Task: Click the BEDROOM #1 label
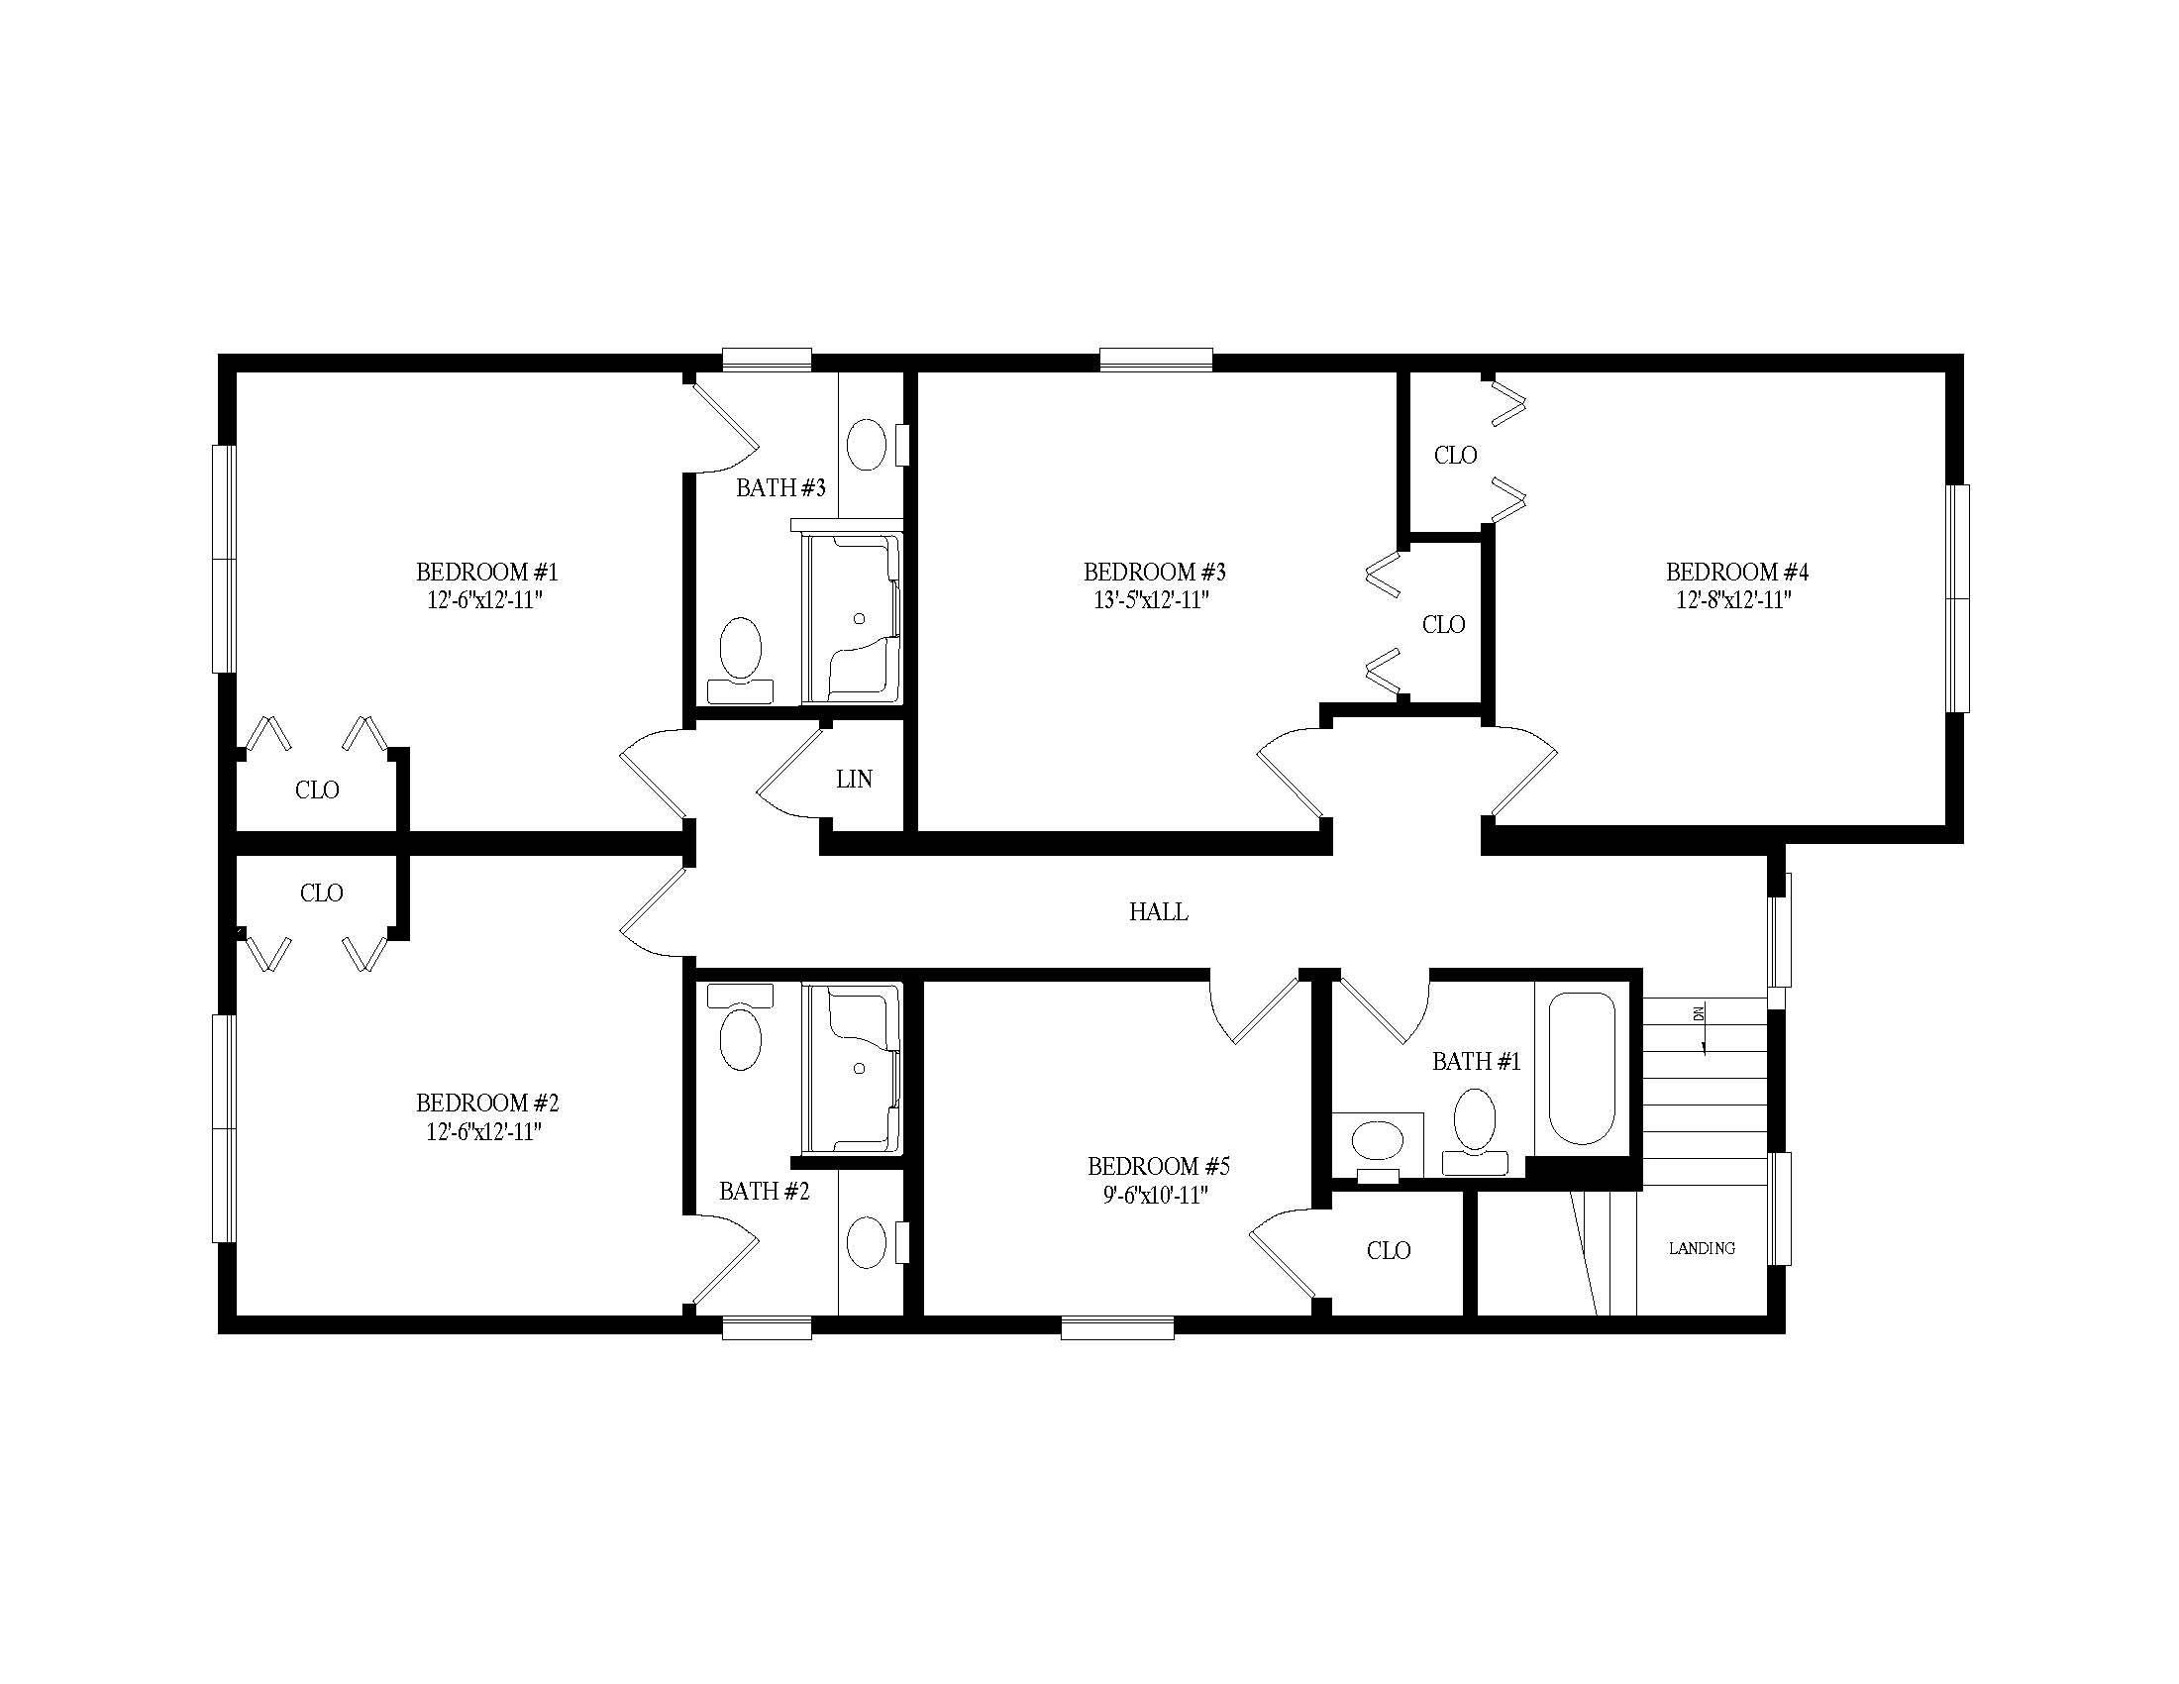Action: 487,573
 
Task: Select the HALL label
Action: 1159,911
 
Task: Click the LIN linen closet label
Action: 855,780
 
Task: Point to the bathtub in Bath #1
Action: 1581,1069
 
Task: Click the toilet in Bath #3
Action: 740,659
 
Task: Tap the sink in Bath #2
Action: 867,1242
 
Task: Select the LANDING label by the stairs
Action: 1702,1248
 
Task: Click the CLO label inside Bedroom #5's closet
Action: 1389,1251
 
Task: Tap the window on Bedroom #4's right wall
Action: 1958,598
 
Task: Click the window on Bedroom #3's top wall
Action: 1156,360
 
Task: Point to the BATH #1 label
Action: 1477,1062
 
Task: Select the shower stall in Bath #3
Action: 853,618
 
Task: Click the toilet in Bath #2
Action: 740,1027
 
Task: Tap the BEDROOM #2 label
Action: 487,1104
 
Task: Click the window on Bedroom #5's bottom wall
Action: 1117,1327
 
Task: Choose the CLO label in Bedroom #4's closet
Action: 1456,456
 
